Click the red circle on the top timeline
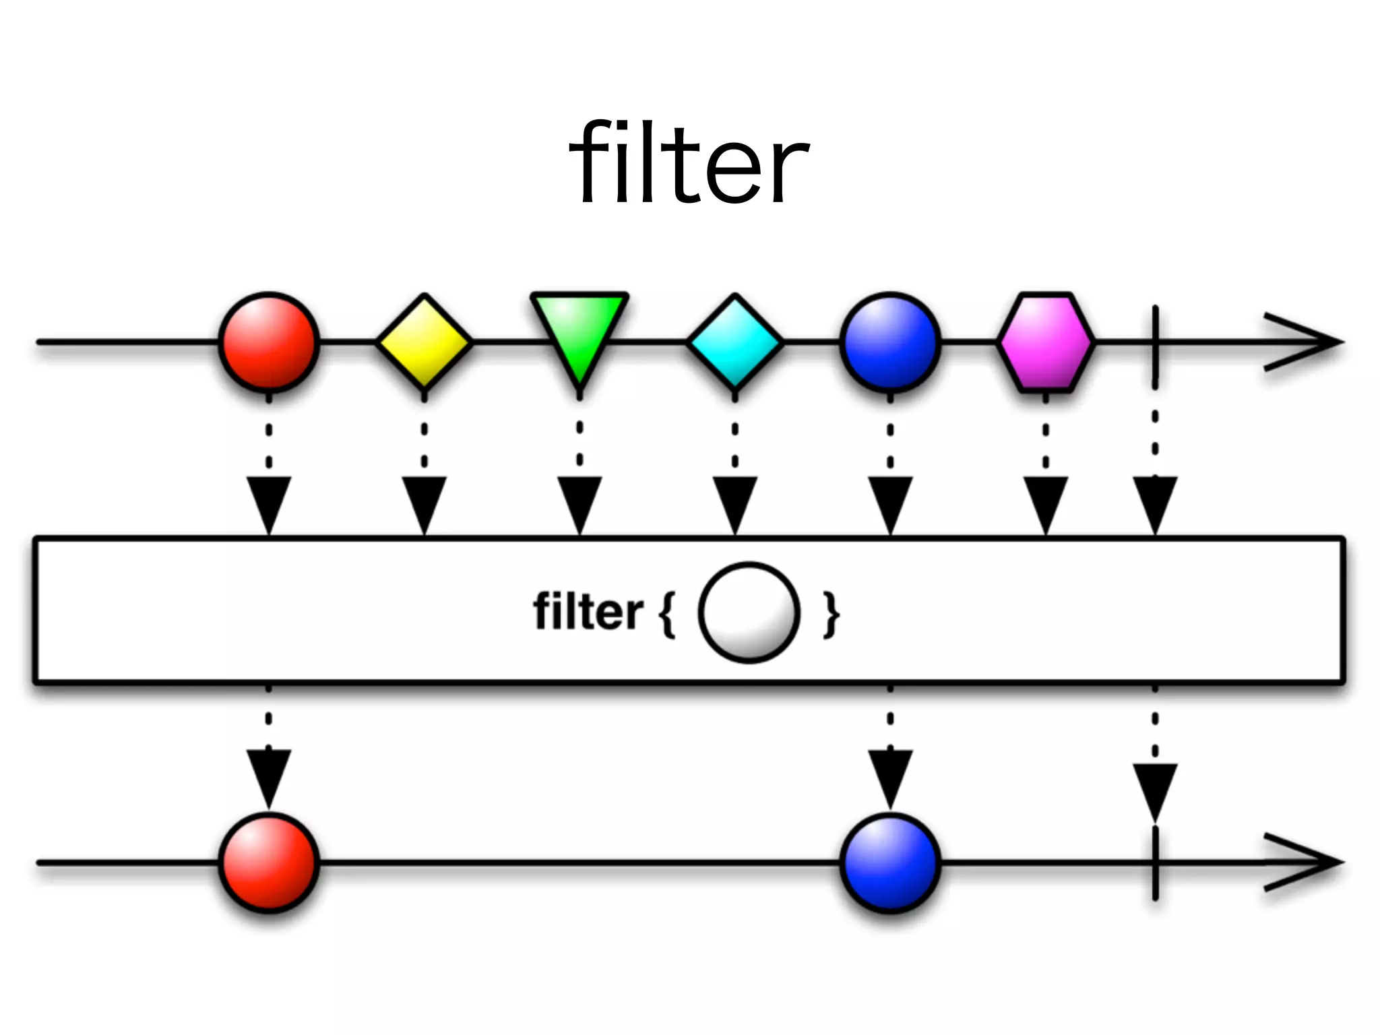tap(268, 342)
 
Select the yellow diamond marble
tap(424, 342)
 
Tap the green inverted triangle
tap(579, 330)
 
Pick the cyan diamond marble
tap(735, 342)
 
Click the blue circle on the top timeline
tap(890, 342)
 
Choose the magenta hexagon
tap(1046, 342)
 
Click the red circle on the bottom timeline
tap(268, 862)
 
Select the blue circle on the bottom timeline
tap(890, 862)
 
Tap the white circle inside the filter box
tap(749, 613)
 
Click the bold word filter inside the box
tap(588, 612)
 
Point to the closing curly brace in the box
tap(832, 614)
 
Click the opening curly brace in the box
tap(666, 614)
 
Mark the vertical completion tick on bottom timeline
tap(1155, 862)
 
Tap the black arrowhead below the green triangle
tap(579, 502)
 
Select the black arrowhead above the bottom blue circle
tap(890, 775)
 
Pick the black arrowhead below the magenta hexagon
tap(1046, 502)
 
